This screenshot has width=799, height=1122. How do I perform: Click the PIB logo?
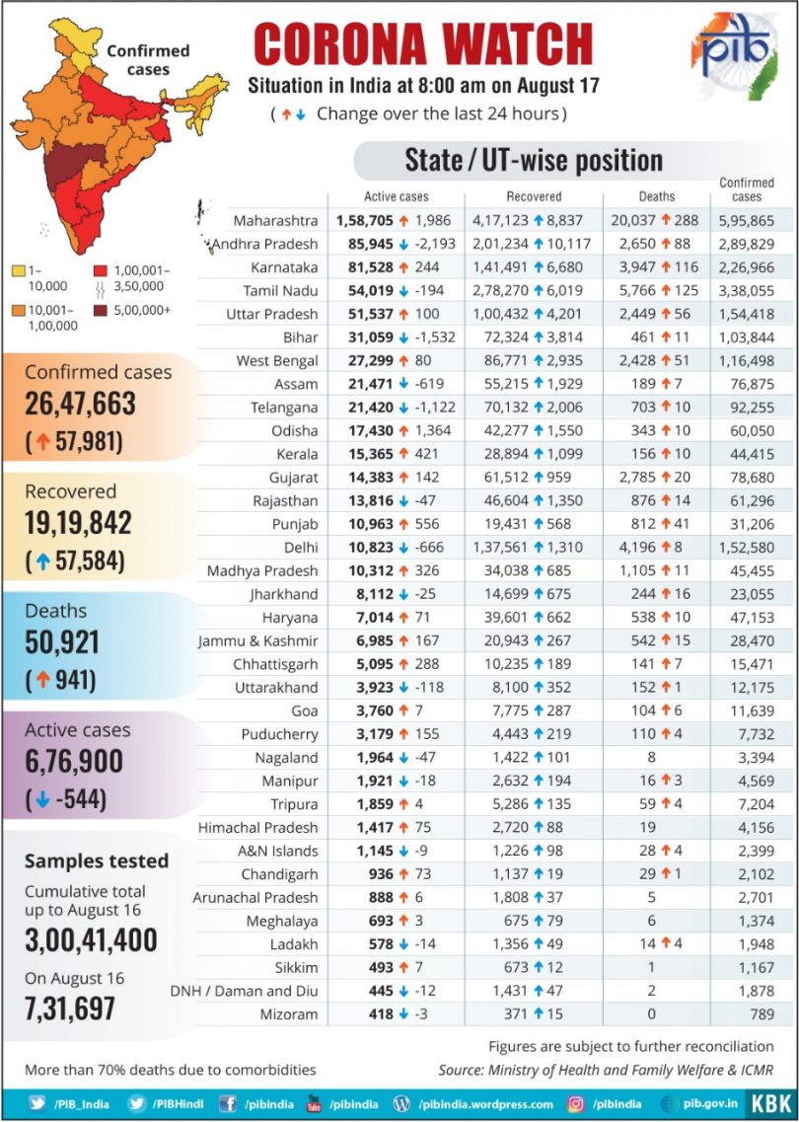[x=734, y=54]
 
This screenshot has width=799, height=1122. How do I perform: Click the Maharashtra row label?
[x=275, y=220]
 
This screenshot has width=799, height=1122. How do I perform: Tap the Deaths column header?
[x=656, y=196]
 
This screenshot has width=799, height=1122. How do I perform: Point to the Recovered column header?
[x=534, y=196]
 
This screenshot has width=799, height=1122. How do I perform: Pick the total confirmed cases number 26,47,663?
[x=80, y=405]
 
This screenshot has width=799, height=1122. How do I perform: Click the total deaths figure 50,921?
[x=61, y=643]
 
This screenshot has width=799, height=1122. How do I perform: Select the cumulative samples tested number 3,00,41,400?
[x=91, y=940]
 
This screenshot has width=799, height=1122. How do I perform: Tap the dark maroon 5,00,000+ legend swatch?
[x=101, y=311]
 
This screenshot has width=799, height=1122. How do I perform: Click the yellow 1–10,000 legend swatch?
[x=20, y=271]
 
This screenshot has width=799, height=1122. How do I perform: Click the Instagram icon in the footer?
[x=575, y=1104]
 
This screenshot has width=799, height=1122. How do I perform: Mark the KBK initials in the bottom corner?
[x=771, y=1103]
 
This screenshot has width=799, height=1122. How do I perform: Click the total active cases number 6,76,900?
[x=74, y=763]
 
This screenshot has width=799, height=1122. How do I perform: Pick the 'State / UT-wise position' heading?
[x=534, y=160]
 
